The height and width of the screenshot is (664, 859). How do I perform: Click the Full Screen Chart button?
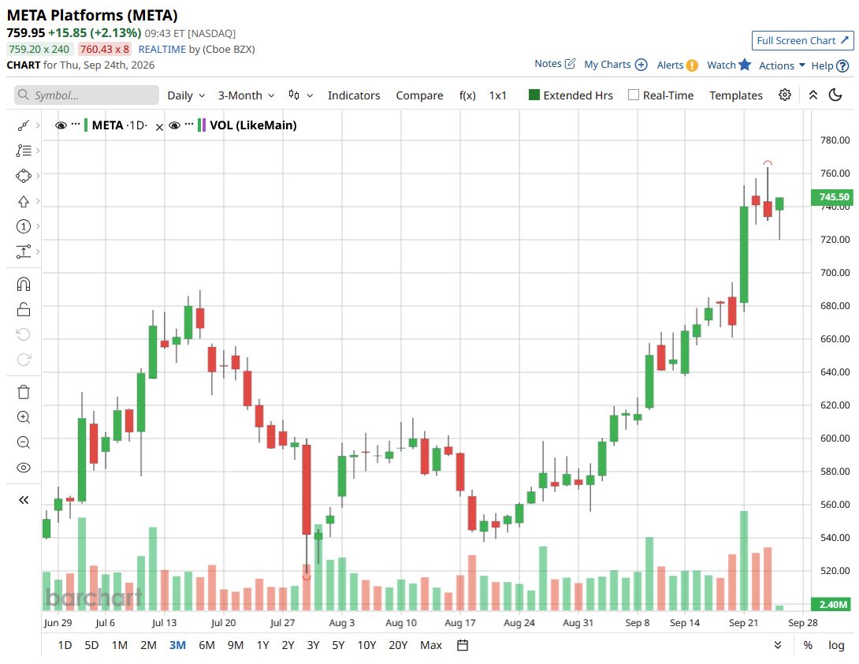tap(802, 40)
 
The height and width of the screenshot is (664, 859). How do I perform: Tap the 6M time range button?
tap(206, 645)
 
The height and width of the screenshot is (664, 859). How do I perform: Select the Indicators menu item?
tap(353, 95)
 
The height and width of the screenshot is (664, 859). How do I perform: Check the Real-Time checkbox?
tap(634, 95)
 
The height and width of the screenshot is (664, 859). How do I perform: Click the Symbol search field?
tap(87, 95)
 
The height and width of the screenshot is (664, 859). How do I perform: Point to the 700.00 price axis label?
tap(835, 273)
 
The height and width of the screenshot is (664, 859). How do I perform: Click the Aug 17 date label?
tap(460, 622)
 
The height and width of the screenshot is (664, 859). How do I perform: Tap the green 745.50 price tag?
tap(831, 197)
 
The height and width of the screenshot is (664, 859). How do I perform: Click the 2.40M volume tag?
tap(831, 604)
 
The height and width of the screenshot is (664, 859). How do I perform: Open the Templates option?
tap(736, 95)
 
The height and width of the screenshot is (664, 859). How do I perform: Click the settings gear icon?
tap(784, 95)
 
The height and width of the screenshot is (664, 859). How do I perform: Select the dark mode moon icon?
tap(835, 95)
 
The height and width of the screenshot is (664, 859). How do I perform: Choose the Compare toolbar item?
tap(419, 95)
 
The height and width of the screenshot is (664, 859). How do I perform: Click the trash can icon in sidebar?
tap(24, 392)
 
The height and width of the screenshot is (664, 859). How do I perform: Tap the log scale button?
tap(836, 645)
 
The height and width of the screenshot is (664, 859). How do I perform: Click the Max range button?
tap(430, 645)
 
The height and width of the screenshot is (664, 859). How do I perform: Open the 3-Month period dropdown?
tap(246, 95)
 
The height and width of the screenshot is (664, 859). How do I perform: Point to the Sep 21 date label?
tap(743, 622)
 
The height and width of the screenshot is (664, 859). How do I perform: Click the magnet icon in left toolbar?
tap(24, 284)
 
